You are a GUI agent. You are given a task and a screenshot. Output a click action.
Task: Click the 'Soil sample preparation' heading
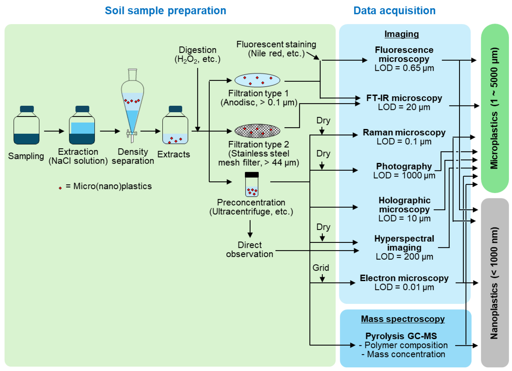pos(165,11)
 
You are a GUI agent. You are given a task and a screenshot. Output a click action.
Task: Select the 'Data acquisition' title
pos(394,11)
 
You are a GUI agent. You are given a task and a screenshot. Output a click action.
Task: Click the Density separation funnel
pos(132,105)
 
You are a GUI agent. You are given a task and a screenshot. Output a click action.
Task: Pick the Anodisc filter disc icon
pos(257,81)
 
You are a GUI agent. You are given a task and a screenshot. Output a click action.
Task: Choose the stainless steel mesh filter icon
pos(257,131)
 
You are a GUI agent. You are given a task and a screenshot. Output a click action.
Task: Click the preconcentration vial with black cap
pos(252,184)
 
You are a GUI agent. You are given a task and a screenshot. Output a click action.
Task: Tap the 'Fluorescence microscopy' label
pos(404,54)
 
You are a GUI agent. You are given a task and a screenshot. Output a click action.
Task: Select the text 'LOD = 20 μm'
pos(404,107)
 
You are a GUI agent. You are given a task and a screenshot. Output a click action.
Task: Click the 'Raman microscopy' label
pos(404,132)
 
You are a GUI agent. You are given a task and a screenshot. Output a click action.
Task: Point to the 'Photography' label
pos(404,166)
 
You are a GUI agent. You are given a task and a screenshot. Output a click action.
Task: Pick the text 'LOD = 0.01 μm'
pos(404,287)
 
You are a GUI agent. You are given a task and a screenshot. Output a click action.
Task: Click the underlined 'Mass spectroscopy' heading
pos(403,319)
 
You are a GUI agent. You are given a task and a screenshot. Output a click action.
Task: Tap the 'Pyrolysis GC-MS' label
pos(401,336)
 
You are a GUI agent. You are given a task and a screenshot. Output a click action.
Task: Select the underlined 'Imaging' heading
pos(401,34)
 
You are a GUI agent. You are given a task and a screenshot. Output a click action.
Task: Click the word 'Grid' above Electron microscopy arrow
pos(321,268)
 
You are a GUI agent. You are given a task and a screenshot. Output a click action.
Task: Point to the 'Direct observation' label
pos(249,249)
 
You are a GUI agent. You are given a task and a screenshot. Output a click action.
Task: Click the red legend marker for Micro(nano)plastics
pos(60,188)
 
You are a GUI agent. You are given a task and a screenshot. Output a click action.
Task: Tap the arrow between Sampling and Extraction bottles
pos(54,131)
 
